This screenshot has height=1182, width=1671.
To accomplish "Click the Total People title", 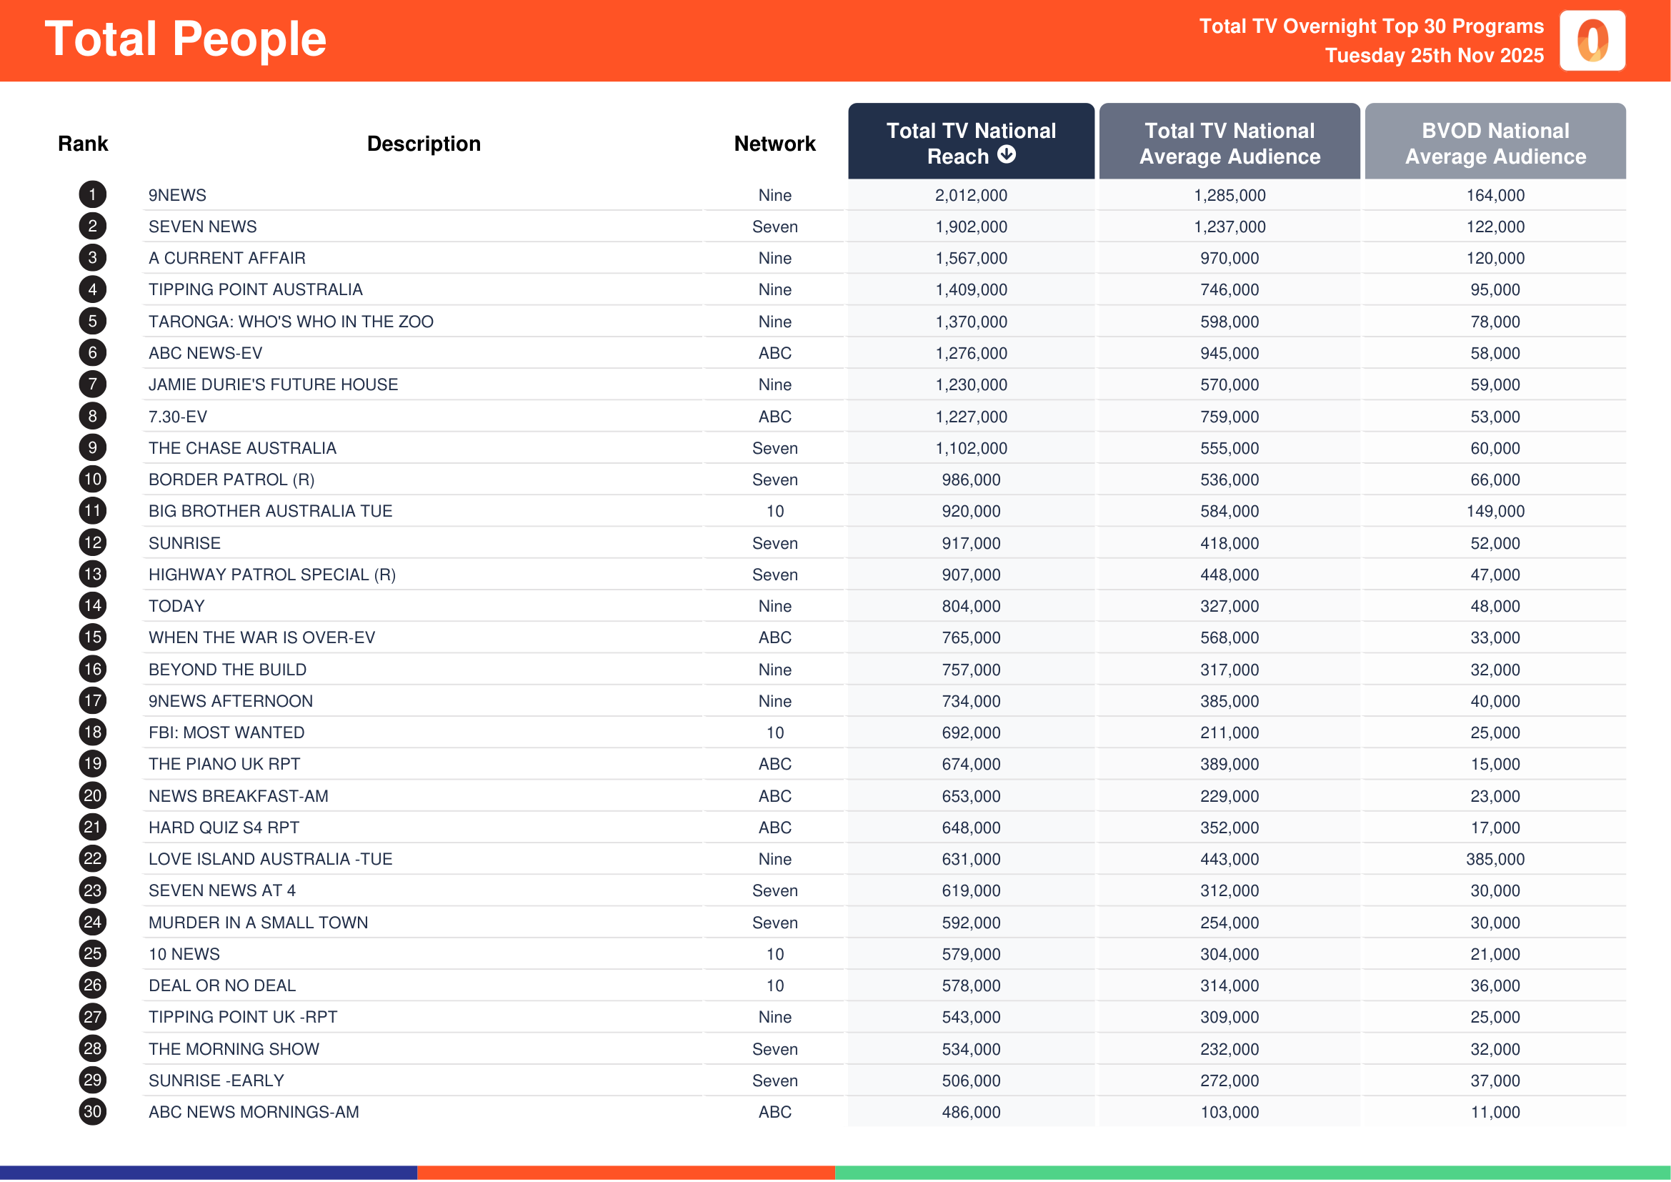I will [x=186, y=39].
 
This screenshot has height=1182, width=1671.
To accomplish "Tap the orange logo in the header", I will [x=1592, y=41].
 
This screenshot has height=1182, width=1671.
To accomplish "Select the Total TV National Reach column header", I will [x=970, y=143].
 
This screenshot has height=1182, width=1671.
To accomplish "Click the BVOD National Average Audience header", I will [x=1495, y=143].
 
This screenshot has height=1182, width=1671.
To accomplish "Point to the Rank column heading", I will [x=83, y=144].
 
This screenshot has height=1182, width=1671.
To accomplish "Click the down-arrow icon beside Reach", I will [x=1007, y=154].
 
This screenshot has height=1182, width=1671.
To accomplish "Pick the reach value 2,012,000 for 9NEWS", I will [x=971, y=195].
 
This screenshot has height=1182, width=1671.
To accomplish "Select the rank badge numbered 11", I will [x=92, y=511].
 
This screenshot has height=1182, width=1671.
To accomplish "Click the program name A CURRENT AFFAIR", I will [x=227, y=259].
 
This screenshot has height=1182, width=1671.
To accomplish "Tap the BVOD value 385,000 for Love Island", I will [x=1495, y=859].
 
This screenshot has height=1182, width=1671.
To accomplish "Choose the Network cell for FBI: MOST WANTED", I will [x=774, y=733].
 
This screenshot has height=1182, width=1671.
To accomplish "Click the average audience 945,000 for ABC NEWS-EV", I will [x=1229, y=353].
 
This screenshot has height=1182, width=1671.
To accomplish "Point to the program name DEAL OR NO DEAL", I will [x=222, y=985].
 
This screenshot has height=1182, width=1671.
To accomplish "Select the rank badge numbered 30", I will [x=92, y=1112].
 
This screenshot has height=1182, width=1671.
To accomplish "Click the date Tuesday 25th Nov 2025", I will [x=1434, y=55].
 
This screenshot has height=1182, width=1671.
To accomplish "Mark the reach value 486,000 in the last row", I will [x=971, y=1112].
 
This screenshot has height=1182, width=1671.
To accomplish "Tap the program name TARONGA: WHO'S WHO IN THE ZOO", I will [x=290, y=322].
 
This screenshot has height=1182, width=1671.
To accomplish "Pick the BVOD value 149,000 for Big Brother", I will [x=1495, y=511].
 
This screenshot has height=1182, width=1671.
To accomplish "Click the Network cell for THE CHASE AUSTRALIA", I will [x=774, y=448].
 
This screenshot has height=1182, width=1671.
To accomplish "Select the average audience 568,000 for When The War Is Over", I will [x=1229, y=637].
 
